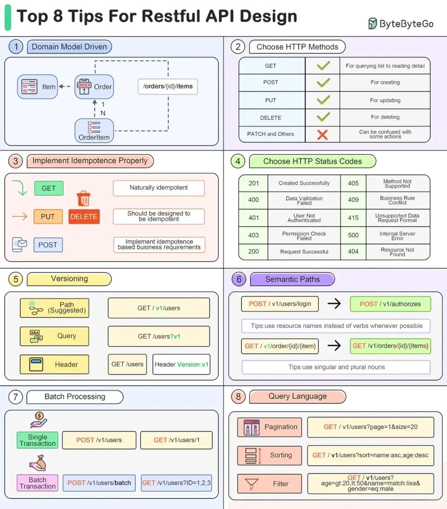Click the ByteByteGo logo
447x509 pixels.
coord(401,24)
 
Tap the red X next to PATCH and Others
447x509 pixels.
coord(322,134)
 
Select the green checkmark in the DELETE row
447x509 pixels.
coord(323,117)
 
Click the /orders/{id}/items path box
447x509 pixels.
coord(168,87)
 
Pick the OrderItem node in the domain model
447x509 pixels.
coord(94,130)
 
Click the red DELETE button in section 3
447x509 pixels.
coord(84,216)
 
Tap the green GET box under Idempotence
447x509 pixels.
coord(48,188)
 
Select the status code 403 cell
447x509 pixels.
coord(253,235)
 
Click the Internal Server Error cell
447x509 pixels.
coord(397,236)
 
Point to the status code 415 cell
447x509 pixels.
coord(353,218)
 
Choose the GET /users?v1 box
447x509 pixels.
coord(159,336)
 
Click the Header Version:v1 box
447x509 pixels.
coord(181,364)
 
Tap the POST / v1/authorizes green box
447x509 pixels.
coord(390,304)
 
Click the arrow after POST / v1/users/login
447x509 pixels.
coord(334,304)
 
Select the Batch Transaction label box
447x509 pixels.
coord(37,483)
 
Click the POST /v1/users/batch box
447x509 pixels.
coord(99,483)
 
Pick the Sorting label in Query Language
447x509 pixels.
coord(281,455)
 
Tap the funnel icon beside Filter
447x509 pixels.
coord(251,483)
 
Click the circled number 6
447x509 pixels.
coord(239,279)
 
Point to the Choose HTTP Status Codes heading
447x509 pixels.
coord(312,162)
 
